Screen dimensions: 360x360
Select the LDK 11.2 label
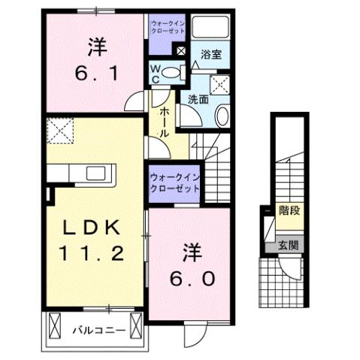(x=92, y=238)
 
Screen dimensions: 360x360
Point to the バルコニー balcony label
(x=94, y=329)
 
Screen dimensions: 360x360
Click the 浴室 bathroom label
(x=211, y=55)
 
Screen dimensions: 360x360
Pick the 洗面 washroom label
(x=198, y=98)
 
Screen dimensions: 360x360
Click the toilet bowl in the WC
(x=172, y=73)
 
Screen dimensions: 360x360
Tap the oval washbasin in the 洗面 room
(x=223, y=115)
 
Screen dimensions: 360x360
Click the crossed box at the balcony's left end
(x=55, y=326)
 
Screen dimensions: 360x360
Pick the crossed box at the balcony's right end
(x=135, y=326)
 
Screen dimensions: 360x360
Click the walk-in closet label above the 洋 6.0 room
(x=174, y=181)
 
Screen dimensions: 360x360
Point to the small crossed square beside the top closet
(x=180, y=51)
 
